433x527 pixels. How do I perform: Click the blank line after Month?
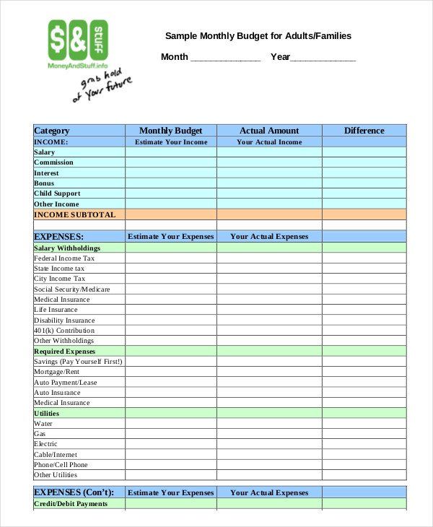coord(224,58)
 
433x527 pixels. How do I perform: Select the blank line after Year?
coord(323,58)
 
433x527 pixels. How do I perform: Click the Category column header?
coord(52,131)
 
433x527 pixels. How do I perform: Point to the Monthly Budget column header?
coord(171,131)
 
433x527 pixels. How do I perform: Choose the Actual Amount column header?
coord(269,131)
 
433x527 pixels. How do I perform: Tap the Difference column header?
coord(364,131)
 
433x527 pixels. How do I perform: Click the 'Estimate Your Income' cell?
coord(171,142)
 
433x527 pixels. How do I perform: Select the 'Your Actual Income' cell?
coord(269,142)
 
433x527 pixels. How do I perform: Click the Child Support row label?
coord(57,193)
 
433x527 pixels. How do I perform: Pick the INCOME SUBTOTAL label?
coord(74,214)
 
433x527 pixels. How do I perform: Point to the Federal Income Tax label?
coord(64,258)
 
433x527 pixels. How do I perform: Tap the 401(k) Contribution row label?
coord(64,331)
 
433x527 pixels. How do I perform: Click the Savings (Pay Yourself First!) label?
coord(78,362)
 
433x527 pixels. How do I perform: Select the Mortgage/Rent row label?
coord(56,372)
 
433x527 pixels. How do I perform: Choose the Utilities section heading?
coord(47,414)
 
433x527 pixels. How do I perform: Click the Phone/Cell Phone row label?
coord(61,465)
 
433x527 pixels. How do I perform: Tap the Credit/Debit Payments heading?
coord(71,504)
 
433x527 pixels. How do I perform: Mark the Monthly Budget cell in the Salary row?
coord(171,152)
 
